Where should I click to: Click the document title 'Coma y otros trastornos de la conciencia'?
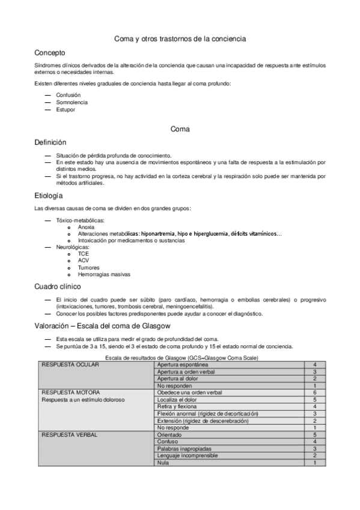pyautogui.click(x=180, y=38)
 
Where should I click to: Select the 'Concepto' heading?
pyautogui.click(x=50, y=53)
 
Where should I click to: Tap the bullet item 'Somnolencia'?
pyautogui.click(x=72, y=103)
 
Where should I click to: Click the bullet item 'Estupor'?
pyautogui.click(x=66, y=110)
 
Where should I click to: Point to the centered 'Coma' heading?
pyautogui.click(x=180, y=129)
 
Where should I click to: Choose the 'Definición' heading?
pyautogui.click(x=50, y=143)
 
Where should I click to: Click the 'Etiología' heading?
pyautogui.click(x=49, y=195)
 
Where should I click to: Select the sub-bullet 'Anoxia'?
pyautogui.click(x=86, y=227)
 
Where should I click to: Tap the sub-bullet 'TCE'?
pyautogui.click(x=83, y=254)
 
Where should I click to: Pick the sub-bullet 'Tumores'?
pyautogui.click(x=88, y=268)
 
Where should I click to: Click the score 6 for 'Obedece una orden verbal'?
pyautogui.click(x=315, y=392)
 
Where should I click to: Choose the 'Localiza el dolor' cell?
pyautogui.click(x=177, y=399)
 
